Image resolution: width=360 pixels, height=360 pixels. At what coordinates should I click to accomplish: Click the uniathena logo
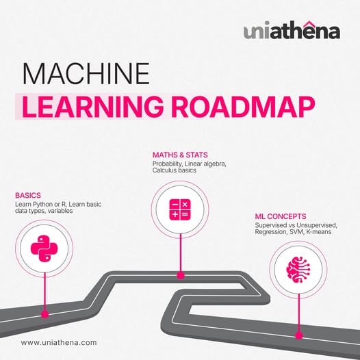(292, 31)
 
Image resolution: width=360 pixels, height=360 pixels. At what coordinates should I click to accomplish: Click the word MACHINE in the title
(86, 74)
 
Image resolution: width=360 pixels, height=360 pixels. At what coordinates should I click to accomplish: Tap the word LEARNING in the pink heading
(92, 107)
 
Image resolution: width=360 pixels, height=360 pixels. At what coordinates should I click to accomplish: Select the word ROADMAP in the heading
(243, 107)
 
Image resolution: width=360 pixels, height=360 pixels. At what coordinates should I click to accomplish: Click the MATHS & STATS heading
(180, 155)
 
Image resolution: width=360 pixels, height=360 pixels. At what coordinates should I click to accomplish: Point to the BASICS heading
(28, 195)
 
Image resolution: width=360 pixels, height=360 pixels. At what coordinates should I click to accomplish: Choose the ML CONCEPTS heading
(281, 216)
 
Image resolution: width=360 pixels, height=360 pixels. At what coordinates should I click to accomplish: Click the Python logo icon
(44, 248)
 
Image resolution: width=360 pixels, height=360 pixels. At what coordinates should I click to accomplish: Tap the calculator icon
(180, 209)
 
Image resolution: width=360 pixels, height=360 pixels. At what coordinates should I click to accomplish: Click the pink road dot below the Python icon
(44, 314)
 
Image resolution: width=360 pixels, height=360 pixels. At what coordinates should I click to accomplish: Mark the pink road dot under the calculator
(181, 275)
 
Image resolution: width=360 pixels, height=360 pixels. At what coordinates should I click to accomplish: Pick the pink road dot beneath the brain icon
(298, 335)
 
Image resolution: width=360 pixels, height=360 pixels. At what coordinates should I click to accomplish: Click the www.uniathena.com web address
(59, 343)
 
